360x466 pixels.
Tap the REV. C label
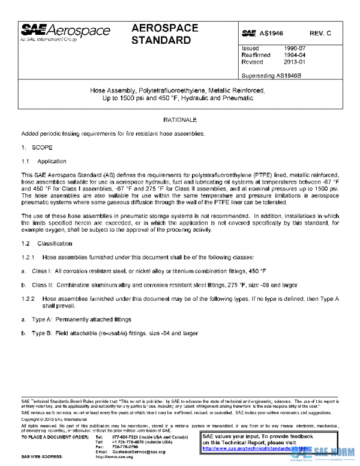(x=320, y=33)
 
